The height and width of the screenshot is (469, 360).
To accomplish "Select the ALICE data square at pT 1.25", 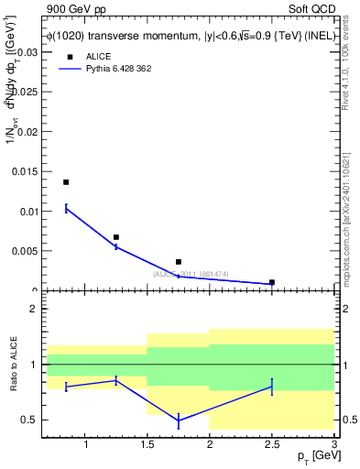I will coord(115,237).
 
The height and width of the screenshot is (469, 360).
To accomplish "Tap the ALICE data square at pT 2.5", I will coord(272,282).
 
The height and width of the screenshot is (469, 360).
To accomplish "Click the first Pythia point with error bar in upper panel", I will coord(66,209).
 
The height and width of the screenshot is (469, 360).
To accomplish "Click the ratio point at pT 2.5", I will coord(272,387).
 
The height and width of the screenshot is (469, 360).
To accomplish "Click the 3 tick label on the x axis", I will coord(333,446).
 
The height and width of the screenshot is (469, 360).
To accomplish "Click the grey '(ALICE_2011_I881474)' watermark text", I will coord(191,274).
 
